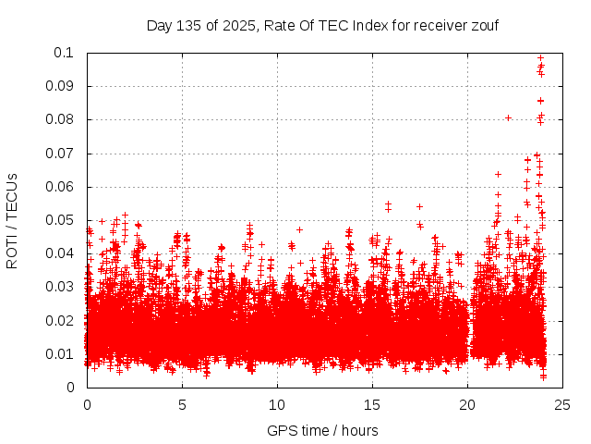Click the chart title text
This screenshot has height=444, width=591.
(322, 25)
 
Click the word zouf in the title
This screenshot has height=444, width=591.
(482, 25)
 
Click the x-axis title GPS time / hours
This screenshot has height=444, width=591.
(322, 430)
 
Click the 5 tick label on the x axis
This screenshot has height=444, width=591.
(182, 405)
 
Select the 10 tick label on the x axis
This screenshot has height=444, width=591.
(277, 405)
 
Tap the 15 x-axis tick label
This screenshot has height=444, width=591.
(372, 405)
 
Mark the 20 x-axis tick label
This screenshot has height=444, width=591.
(467, 405)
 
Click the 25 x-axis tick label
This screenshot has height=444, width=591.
(562, 405)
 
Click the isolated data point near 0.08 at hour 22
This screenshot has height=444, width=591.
(508, 117)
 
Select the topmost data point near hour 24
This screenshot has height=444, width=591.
(541, 57)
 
